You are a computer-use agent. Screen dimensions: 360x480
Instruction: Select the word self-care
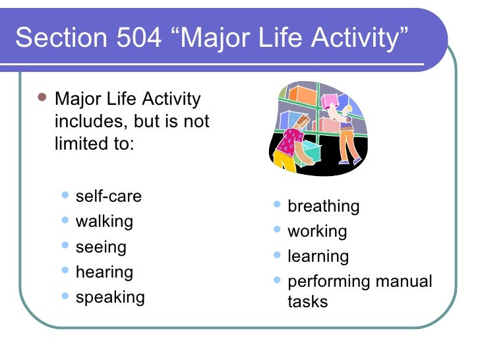pyautogui.click(x=109, y=196)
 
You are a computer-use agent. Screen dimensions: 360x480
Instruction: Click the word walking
pyautogui.click(x=104, y=222)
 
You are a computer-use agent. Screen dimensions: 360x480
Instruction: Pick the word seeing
pyautogui.click(x=101, y=247)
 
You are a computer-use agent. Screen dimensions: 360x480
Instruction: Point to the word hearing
pyautogui.click(x=104, y=272)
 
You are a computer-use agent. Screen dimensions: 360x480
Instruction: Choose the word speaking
pyautogui.click(x=110, y=297)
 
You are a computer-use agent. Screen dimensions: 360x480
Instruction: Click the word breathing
pyautogui.click(x=323, y=206)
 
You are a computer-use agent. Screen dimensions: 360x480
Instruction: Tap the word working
pyautogui.click(x=316, y=231)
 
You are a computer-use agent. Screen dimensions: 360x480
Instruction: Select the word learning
pyautogui.click(x=318, y=256)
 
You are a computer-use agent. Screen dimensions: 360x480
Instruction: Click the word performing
pyautogui.click(x=329, y=282)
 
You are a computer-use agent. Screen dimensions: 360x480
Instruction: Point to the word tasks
pyautogui.click(x=307, y=302)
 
